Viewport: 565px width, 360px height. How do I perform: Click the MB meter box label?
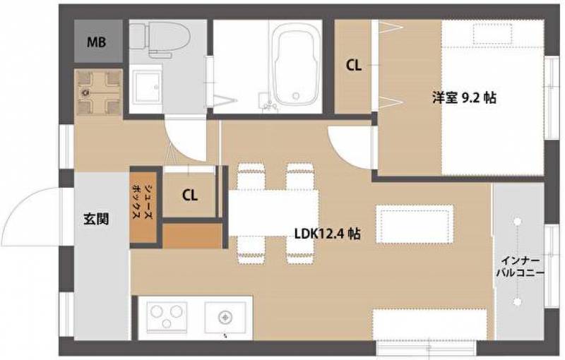coord(96,42)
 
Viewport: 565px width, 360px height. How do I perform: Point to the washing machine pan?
coord(99,92)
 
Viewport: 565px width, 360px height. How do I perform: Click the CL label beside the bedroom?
coord(354,65)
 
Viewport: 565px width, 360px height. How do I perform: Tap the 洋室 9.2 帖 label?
coord(464,98)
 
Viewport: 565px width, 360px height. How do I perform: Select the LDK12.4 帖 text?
coord(327,234)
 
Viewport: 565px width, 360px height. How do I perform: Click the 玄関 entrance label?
coord(96,219)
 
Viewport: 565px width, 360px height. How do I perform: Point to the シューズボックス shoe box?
coord(143,207)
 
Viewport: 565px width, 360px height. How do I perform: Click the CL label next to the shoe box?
coord(189,196)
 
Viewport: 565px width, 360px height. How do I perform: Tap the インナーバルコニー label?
coord(520,267)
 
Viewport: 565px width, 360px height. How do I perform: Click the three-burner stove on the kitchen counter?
coord(167,316)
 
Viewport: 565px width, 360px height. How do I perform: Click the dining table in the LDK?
coord(273,212)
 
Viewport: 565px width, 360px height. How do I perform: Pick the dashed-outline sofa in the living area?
coord(415,224)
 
